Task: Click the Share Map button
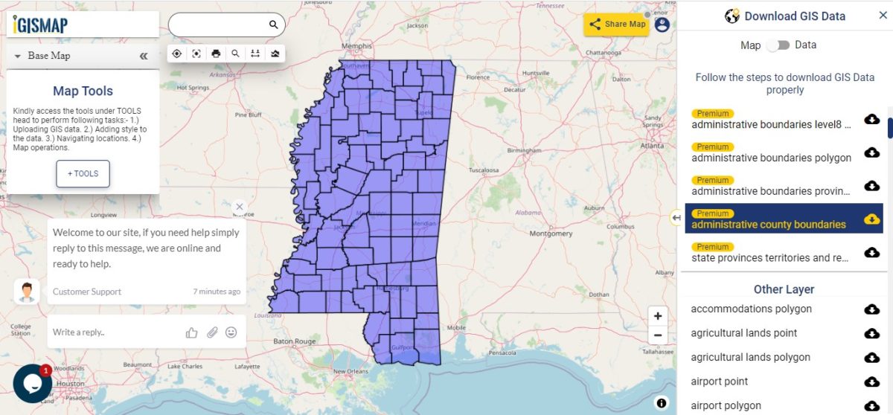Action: (617, 24)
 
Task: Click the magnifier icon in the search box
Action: (273, 25)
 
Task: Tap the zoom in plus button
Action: (658, 316)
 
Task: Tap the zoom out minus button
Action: (658, 335)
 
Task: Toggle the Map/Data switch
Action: (778, 45)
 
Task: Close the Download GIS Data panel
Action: (883, 16)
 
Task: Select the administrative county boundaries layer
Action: (768, 225)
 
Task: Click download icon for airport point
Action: (871, 382)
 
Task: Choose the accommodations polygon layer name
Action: (751, 309)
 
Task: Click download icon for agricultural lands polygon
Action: (871, 358)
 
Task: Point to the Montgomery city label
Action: (551, 234)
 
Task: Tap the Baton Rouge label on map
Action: (294, 341)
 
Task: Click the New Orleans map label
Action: (350, 371)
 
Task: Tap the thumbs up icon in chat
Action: (192, 332)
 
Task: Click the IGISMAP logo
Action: (41, 25)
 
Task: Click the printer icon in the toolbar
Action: (216, 54)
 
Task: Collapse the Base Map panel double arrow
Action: (144, 56)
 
